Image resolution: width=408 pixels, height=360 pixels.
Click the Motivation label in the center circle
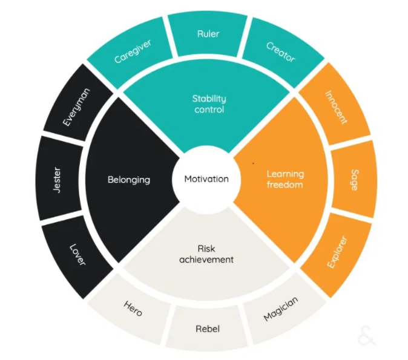click(x=206, y=179)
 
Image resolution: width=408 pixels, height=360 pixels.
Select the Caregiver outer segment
click(x=132, y=52)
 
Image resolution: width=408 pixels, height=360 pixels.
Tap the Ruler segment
click(x=208, y=34)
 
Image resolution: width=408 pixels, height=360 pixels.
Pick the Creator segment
click(x=281, y=52)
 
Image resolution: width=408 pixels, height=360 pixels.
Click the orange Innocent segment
click(x=336, y=106)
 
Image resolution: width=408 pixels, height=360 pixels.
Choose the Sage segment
click(x=354, y=179)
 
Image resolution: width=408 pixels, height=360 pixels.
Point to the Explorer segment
click(x=337, y=252)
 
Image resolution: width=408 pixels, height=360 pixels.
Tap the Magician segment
click(x=281, y=309)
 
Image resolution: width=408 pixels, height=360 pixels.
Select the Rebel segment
click(x=208, y=329)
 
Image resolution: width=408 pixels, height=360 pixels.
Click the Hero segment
click(x=133, y=309)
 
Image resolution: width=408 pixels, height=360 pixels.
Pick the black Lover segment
click(x=77, y=254)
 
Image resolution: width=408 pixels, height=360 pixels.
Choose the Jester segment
click(x=58, y=180)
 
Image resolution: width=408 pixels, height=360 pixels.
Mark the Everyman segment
click(x=77, y=107)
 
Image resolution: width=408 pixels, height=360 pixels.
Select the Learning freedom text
click(x=285, y=179)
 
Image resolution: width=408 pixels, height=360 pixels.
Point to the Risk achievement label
click(x=206, y=254)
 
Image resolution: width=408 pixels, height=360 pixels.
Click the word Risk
click(x=206, y=249)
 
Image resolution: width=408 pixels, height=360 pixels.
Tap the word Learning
click(x=285, y=174)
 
